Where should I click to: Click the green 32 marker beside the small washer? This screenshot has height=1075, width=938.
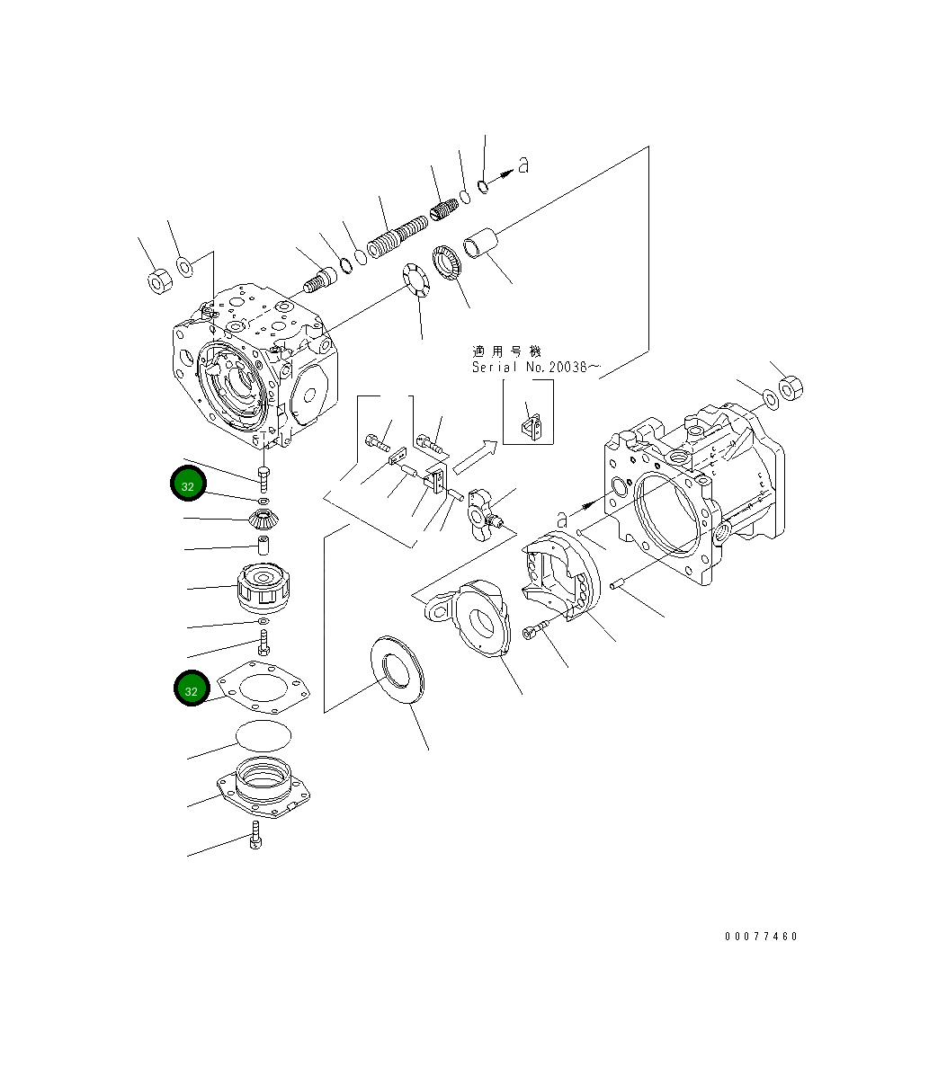coord(188,484)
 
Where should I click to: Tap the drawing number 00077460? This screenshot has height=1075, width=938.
coord(761,937)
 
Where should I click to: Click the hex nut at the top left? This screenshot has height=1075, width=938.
coord(156,281)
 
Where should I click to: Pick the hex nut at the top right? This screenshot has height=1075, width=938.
coord(789,387)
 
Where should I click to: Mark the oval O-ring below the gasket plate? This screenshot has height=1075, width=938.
coord(264,736)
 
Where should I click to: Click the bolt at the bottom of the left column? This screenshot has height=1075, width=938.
coord(256,835)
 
